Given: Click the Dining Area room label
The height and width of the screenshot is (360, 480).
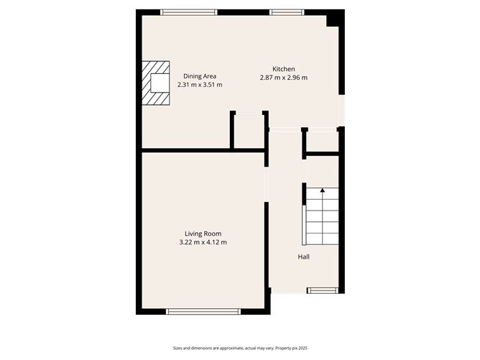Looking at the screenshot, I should point(199,76).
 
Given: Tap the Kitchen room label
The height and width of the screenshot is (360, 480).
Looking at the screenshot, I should point(284,69).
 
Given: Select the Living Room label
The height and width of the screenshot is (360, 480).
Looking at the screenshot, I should point(203,234).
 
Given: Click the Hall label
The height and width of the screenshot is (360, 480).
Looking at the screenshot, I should point(305,257).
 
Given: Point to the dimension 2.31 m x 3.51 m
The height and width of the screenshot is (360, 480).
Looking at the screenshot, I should point(200,85).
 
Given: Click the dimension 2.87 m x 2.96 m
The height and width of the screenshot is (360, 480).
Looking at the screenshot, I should point(284,78).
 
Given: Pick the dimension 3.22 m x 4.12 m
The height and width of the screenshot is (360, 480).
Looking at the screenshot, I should point(203,242).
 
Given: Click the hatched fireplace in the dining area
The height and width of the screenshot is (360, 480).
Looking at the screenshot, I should point(155,83).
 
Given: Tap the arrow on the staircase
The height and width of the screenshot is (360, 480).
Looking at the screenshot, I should point(322,191).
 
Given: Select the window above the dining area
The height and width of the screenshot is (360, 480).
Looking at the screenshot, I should point(188,11).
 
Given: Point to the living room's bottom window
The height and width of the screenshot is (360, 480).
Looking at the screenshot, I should point(203,311).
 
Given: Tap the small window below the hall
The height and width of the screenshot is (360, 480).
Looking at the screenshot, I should point(321,290).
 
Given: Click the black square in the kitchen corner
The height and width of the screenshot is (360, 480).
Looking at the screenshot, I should point(333,20).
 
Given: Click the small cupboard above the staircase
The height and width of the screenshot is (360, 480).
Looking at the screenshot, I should point(322,142).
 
